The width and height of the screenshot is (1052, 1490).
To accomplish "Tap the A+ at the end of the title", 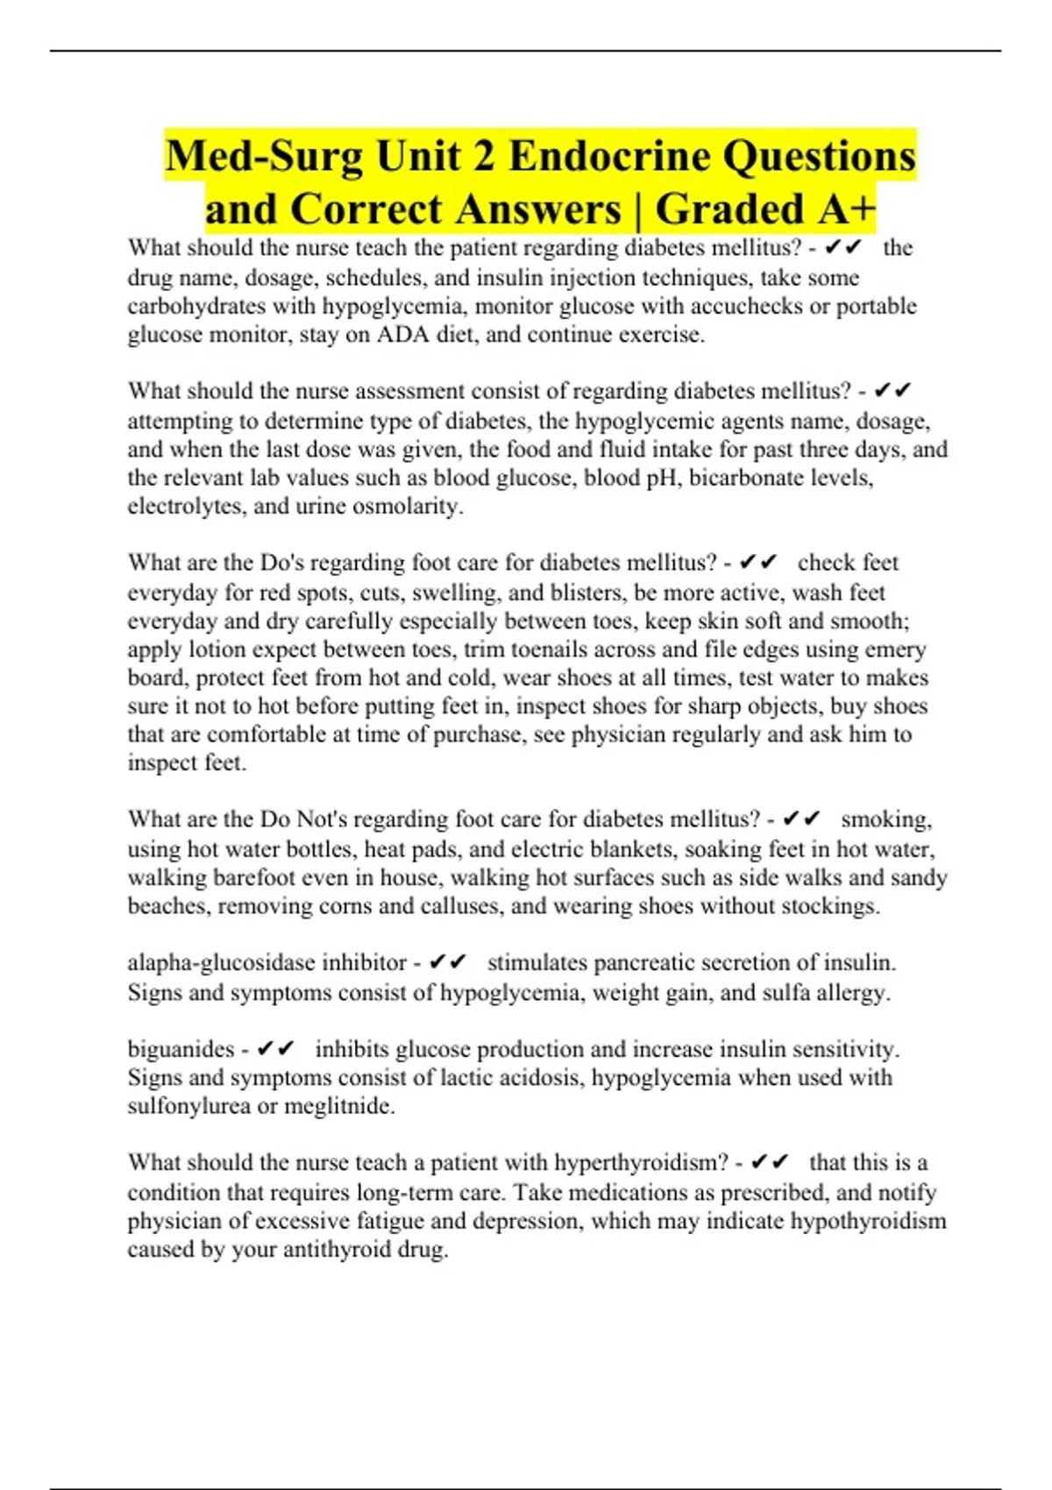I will (x=847, y=209).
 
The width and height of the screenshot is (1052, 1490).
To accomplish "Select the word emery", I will (x=896, y=649).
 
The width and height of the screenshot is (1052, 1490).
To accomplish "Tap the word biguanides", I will (x=181, y=1049).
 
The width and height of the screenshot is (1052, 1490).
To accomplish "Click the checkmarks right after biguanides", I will (x=276, y=1049).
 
